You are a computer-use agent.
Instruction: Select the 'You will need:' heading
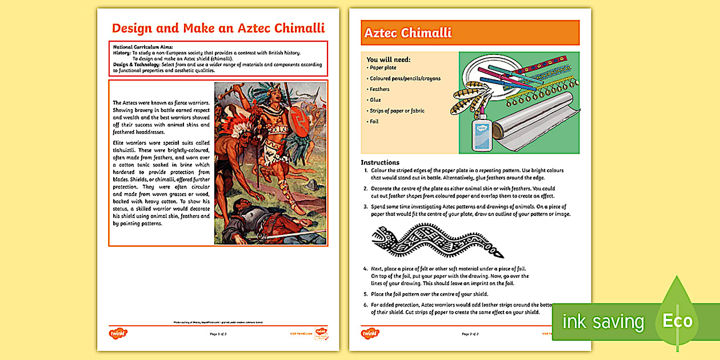click(x=388, y=59)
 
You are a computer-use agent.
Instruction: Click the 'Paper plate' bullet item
click(x=383, y=67)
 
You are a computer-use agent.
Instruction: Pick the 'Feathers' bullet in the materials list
click(x=379, y=89)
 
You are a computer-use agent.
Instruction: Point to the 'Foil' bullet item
click(x=374, y=121)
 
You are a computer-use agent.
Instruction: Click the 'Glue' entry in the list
click(x=375, y=100)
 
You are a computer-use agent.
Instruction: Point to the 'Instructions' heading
click(x=380, y=162)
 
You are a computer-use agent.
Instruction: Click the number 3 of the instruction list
click(x=366, y=207)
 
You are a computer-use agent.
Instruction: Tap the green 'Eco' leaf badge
click(x=678, y=320)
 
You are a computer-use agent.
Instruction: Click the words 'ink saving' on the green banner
click(x=603, y=322)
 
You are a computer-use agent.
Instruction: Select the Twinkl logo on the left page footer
click(x=118, y=333)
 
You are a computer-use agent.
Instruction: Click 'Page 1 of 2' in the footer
click(x=218, y=334)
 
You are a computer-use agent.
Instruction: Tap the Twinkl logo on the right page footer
click(x=370, y=333)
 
